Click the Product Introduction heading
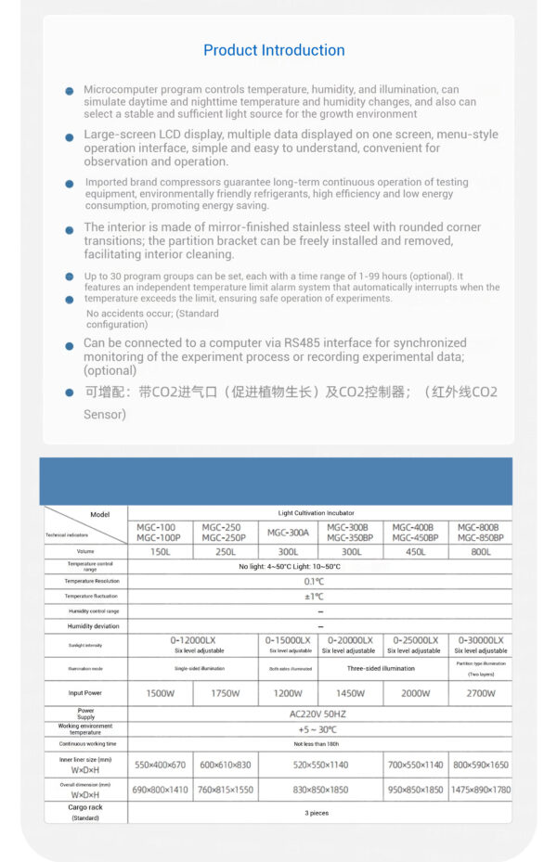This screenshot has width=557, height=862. (x=274, y=50)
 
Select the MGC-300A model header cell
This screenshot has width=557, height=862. (x=288, y=533)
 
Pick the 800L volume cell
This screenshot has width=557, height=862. (x=480, y=552)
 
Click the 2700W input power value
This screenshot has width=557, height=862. (x=480, y=693)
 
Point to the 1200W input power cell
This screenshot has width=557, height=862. (x=288, y=693)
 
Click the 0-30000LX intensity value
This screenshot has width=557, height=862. (x=480, y=640)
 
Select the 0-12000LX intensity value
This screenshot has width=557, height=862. (x=193, y=640)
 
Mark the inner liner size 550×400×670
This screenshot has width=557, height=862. (x=161, y=765)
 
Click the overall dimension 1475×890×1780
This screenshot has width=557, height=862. (x=480, y=790)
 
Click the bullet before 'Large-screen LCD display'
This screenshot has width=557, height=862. (x=69, y=137)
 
